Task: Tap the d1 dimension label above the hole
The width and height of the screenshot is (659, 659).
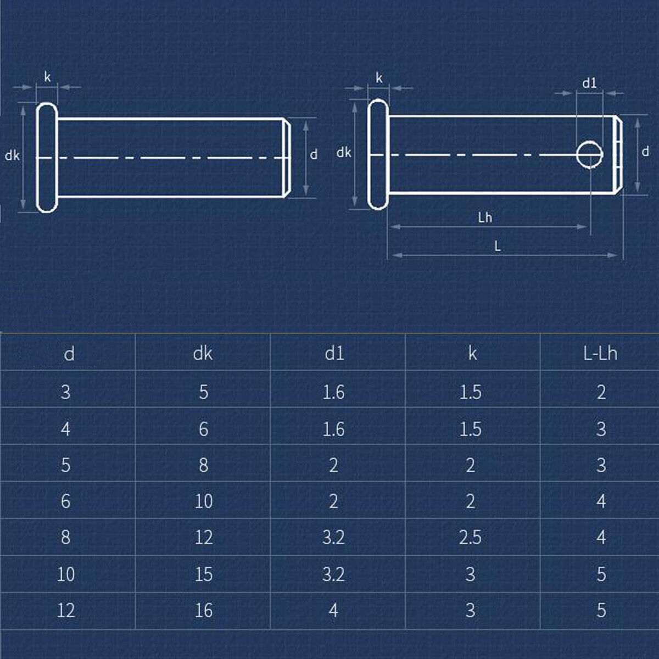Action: tap(589, 83)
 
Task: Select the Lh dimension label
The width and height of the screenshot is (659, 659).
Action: tap(485, 218)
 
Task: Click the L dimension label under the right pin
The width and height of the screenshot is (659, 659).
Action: tap(498, 247)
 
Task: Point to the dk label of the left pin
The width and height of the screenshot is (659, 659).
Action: tap(12, 155)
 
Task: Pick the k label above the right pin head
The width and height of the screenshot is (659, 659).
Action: tap(379, 79)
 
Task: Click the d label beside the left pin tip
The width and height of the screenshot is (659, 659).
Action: tap(314, 155)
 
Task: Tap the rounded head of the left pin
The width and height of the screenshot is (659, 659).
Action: tap(47, 157)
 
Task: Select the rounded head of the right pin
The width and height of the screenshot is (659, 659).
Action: tap(378, 154)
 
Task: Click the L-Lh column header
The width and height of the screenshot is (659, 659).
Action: tap(600, 354)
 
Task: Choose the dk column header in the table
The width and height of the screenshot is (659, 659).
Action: tap(203, 354)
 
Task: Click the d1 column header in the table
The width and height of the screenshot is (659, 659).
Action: tap(334, 354)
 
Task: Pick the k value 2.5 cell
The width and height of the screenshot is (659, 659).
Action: tap(470, 537)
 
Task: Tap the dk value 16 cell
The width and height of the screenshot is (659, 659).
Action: tap(203, 610)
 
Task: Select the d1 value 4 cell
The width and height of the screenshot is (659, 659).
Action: tap(333, 610)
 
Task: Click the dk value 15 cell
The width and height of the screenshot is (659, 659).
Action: tap(203, 574)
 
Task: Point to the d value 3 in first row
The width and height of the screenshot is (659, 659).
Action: tap(66, 392)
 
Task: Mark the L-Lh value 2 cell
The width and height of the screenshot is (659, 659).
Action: tap(601, 392)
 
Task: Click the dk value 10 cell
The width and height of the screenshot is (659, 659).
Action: tap(203, 501)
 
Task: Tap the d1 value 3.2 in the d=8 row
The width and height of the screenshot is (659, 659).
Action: tap(333, 537)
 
